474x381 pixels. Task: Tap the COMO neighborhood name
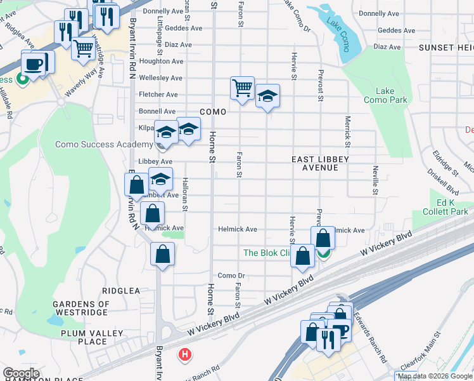pyautogui.click(x=213, y=111)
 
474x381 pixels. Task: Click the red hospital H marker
pyautogui.click(x=184, y=354)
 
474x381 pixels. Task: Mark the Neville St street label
pyautogui.click(x=375, y=178)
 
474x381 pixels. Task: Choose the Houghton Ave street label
pyautogui.click(x=161, y=61)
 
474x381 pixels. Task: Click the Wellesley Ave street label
pyautogui.click(x=160, y=78)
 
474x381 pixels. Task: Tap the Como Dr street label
pyautogui.click(x=231, y=276)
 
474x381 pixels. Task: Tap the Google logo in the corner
pyautogui.click(x=21, y=373)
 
